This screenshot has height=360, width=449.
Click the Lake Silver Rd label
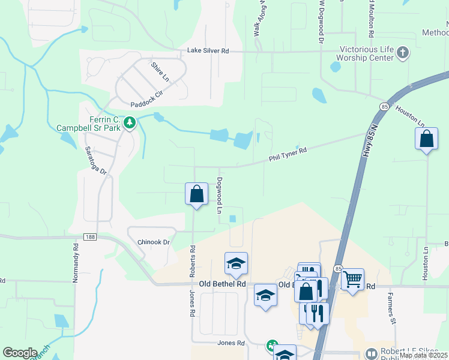208,51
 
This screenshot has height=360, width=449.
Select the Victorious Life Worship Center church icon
402,54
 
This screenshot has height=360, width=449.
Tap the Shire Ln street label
159,71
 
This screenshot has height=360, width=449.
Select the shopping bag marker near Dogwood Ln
196,194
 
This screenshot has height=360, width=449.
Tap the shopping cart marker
352,278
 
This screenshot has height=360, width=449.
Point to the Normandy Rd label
76,263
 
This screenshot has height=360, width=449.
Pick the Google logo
20,353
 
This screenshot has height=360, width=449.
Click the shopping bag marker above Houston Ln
426,139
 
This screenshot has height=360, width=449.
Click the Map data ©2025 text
423,355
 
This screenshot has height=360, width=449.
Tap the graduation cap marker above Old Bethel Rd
236,263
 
